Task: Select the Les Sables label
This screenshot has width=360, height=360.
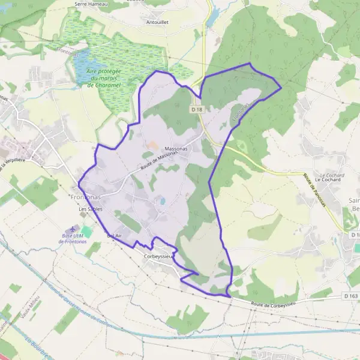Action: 91,209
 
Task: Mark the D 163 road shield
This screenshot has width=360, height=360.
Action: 352,296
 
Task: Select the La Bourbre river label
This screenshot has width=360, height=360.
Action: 37,348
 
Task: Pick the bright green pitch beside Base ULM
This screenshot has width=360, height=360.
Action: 87,231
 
